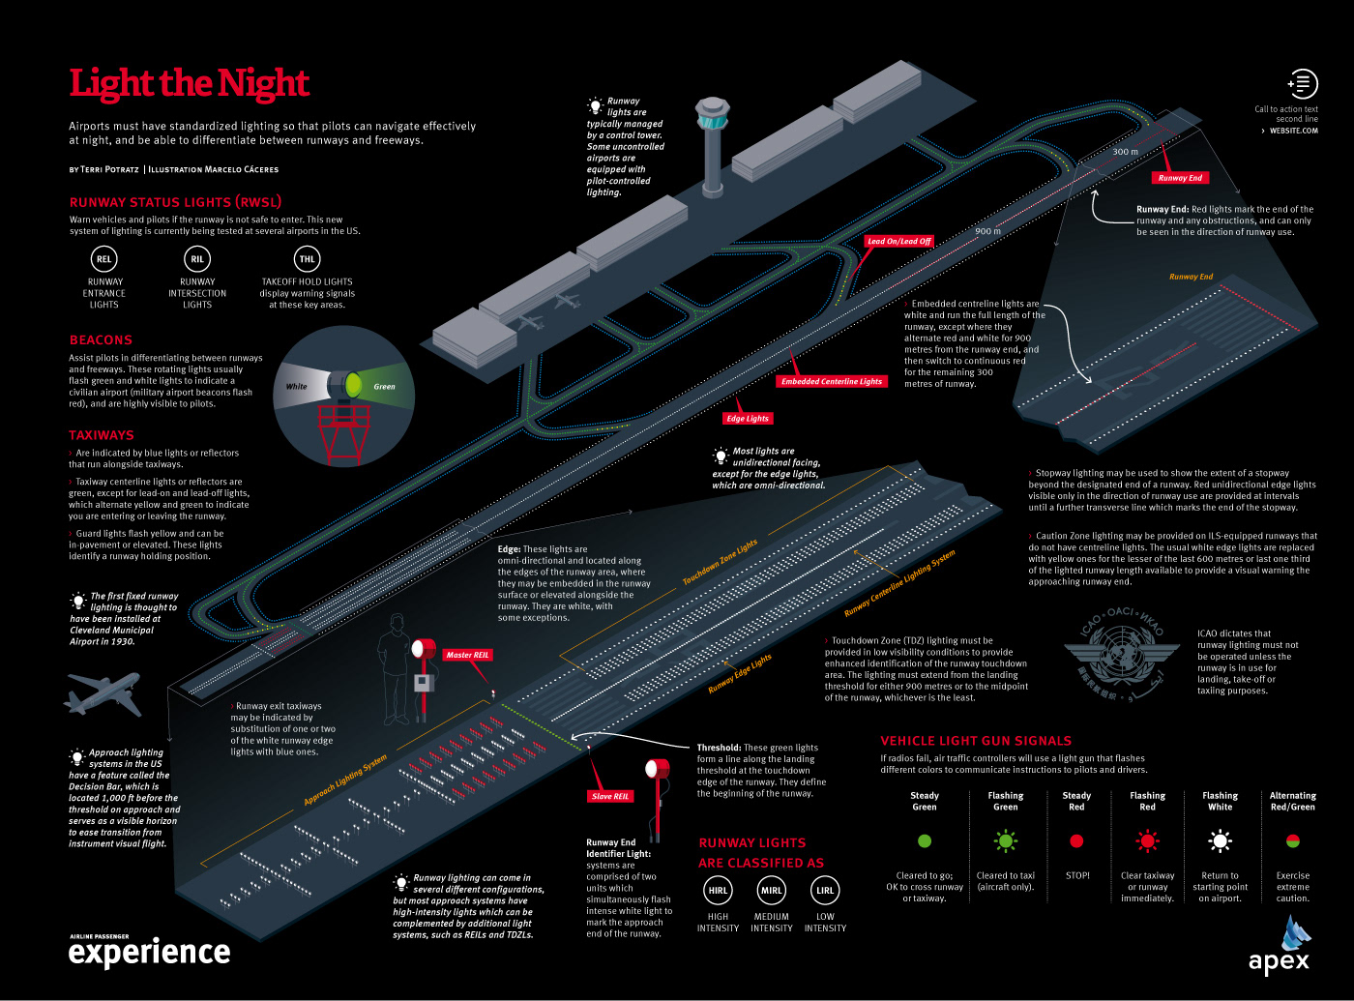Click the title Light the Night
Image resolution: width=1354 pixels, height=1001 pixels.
pos(189,83)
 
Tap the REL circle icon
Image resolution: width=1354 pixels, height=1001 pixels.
pos(103,258)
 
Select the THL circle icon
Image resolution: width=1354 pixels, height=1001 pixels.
pos(307,258)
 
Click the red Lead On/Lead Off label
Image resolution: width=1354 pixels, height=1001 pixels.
pos(898,241)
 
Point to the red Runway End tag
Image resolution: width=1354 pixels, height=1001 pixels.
pos(1180,178)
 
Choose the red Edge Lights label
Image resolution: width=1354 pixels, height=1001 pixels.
pos(748,419)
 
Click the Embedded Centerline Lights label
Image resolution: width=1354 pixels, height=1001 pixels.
pos(832,381)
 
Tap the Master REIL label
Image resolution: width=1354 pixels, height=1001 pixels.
pos(467,655)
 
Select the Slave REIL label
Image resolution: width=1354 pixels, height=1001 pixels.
pos(610,796)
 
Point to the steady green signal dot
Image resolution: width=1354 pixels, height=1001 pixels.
pos(925,841)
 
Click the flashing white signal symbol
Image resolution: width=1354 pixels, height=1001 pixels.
pos(1221,840)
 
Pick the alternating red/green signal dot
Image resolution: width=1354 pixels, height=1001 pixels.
pos(1293,841)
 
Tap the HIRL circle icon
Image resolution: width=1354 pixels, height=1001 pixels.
pos(718,891)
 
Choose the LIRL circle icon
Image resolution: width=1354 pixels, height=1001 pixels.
pos(825,891)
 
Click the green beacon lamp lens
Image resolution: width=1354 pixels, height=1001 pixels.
pos(354,386)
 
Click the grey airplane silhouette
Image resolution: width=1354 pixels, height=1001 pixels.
pos(103,694)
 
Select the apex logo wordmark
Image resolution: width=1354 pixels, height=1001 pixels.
pos(1279,961)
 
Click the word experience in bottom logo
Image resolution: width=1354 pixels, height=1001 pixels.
pos(150,954)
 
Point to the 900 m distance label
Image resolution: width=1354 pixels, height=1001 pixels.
pos(988,231)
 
